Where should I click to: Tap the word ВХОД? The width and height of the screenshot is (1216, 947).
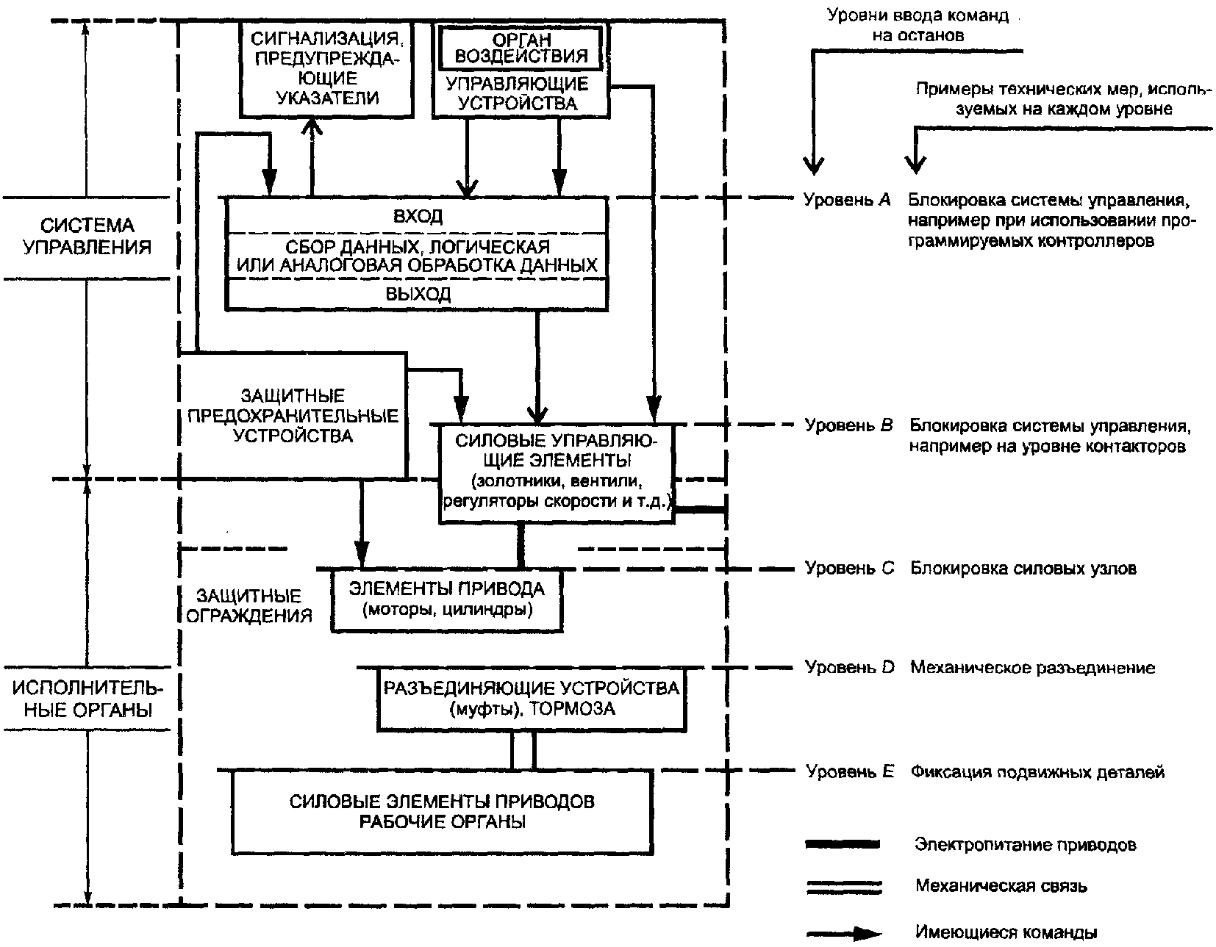(418, 216)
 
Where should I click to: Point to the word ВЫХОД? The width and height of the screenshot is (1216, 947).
(418, 294)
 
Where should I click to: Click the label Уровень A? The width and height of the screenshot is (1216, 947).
(847, 200)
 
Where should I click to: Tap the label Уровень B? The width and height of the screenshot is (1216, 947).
(848, 425)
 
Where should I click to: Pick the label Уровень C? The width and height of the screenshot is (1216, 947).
(849, 568)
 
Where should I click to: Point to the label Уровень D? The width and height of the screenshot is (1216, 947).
(849, 667)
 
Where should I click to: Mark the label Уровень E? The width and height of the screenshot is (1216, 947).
(850, 771)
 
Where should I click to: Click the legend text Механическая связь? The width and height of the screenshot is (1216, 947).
(1001, 885)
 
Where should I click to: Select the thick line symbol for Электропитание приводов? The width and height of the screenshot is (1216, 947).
(843, 844)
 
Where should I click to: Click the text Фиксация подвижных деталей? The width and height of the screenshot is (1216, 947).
(1037, 772)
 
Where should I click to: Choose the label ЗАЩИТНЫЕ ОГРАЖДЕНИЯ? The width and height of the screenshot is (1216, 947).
(248, 605)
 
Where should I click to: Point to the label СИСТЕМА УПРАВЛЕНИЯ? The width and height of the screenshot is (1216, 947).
(87, 236)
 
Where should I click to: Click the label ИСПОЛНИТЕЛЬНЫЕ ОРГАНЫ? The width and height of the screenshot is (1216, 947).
(87, 699)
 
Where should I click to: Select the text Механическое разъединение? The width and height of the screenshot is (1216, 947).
(1032, 668)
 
